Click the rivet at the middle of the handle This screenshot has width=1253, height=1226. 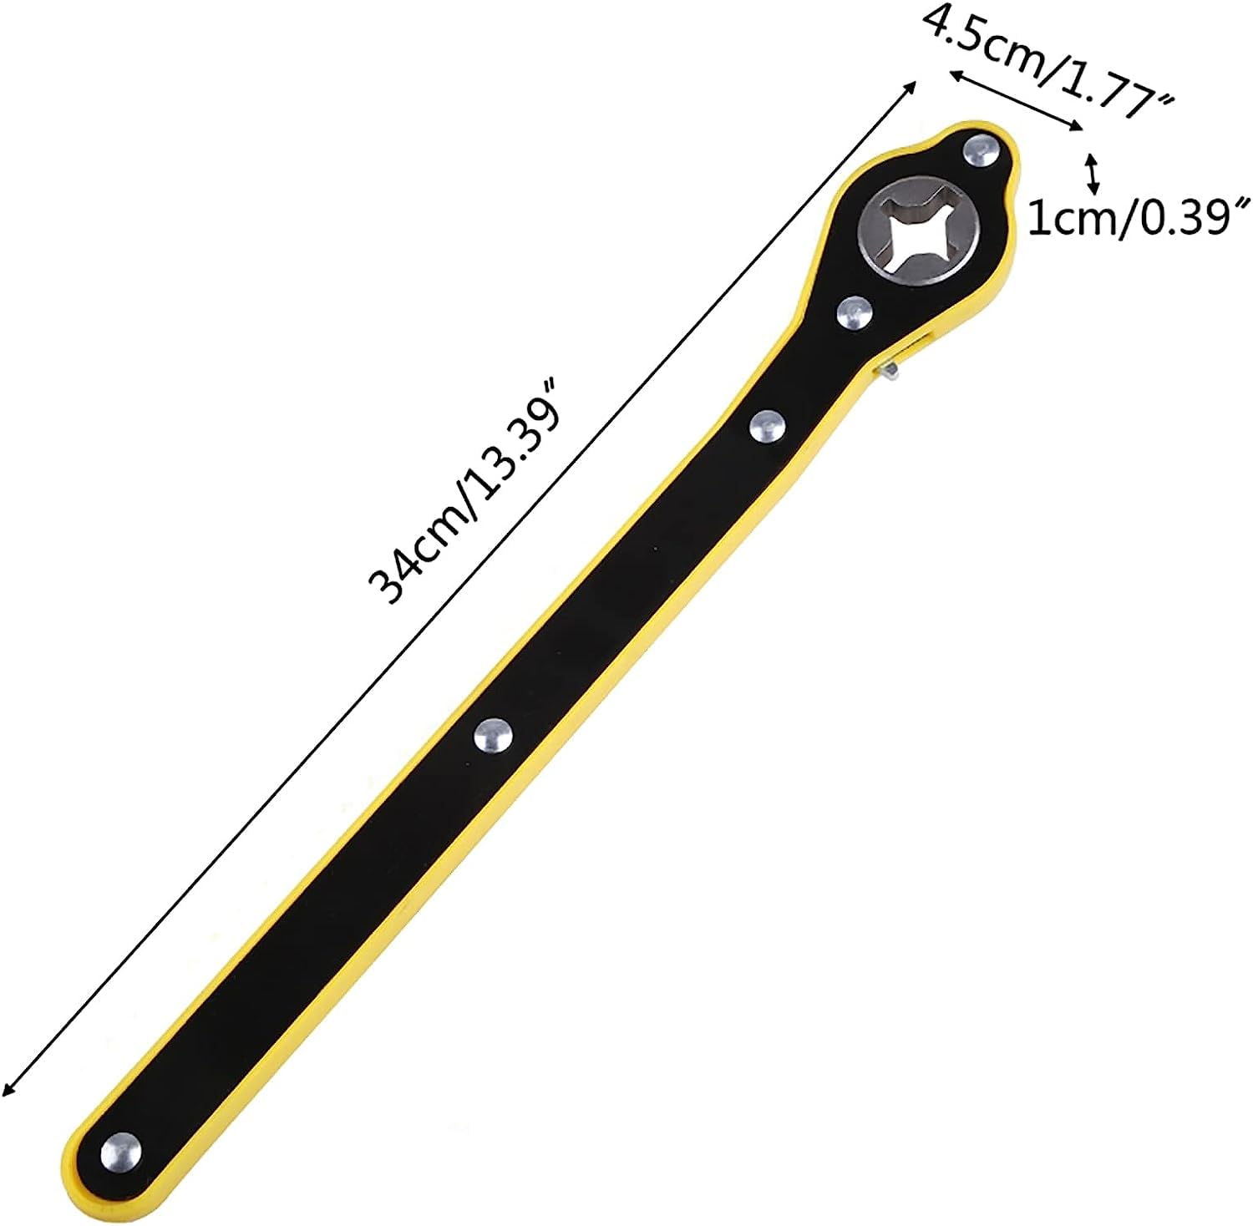coord(493,736)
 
